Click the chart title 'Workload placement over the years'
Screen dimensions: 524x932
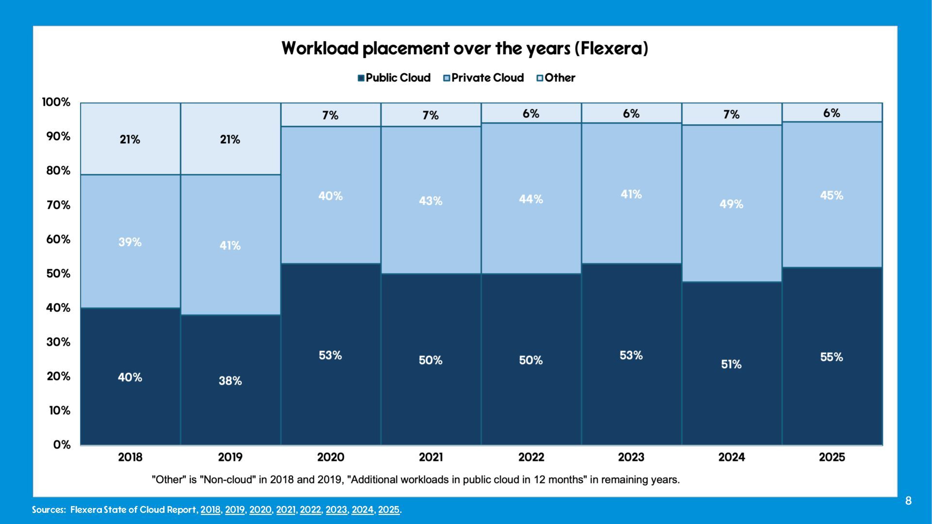point(465,49)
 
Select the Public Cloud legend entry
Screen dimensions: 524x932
point(394,78)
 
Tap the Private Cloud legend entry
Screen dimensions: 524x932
point(483,78)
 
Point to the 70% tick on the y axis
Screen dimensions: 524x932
point(58,205)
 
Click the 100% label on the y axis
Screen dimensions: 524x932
point(56,102)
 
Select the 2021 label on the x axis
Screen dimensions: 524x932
point(431,457)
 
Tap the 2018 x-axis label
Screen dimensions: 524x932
point(130,457)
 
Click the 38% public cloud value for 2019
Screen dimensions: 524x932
point(230,381)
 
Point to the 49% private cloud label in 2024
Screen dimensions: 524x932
point(731,204)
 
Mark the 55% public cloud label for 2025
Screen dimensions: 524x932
point(832,358)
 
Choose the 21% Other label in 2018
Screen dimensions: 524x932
point(130,140)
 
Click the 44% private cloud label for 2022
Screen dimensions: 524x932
point(531,199)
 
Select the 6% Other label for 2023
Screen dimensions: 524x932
point(631,114)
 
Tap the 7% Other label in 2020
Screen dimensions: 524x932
point(330,115)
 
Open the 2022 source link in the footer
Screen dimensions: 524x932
point(311,510)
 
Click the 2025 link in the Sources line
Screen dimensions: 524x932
point(389,510)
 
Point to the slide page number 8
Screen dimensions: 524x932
point(908,501)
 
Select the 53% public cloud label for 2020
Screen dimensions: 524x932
point(330,356)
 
